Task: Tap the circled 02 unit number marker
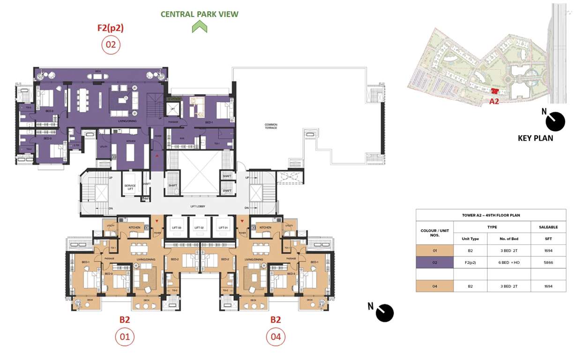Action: pyautogui.click(x=111, y=45)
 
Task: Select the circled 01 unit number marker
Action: pyautogui.click(x=124, y=337)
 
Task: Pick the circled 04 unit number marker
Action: pyautogui.click(x=276, y=337)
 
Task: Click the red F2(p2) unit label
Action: pyautogui.click(x=111, y=28)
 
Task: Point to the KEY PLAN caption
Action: pyautogui.click(x=535, y=138)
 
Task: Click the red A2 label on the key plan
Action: pyautogui.click(x=494, y=101)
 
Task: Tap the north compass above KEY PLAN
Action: pyautogui.click(x=555, y=121)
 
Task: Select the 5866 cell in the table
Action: pyautogui.click(x=548, y=262)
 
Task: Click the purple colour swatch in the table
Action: pyautogui.click(x=435, y=262)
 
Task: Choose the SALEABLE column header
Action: pyautogui.click(x=548, y=227)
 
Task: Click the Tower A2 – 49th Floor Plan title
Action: pyautogui.click(x=491, y=215)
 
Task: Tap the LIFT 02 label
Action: pyautogui.click(x=200, y=227)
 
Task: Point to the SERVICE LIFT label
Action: pyautogui.click(x=130, y=188)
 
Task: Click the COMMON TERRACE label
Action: pyautogui.click(x=271, y=126)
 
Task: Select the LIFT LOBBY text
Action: pyautogui.click(x=198, y=206)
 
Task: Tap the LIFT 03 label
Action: pyautogui.click(x=176, y=227)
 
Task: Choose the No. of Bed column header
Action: pyautogui.click(x=509, y=239)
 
